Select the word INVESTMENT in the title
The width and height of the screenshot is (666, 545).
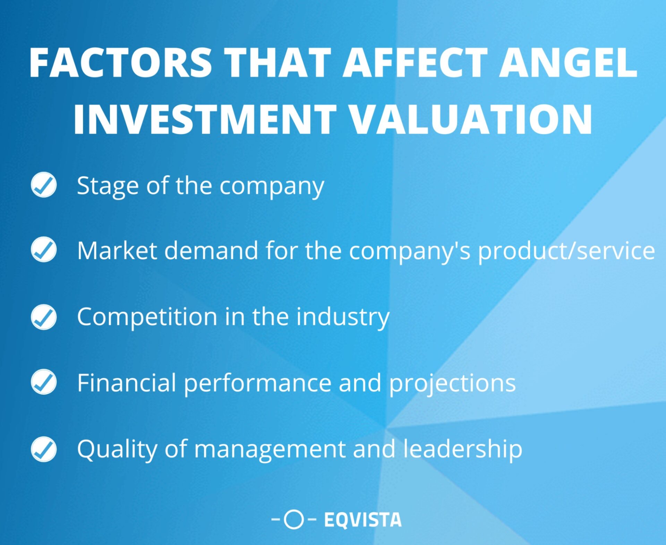205,119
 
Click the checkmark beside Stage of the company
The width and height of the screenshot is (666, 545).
44,185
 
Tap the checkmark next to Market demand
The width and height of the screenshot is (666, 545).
44,249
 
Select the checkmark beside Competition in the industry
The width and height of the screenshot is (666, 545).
44,317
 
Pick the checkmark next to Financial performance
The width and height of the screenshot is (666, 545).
44,382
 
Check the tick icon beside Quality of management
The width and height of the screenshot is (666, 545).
44,449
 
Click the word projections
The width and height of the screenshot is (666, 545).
452,383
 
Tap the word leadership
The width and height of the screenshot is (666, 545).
463,449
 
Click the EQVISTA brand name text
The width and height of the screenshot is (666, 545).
362,520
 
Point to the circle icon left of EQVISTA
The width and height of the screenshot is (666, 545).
294,520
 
